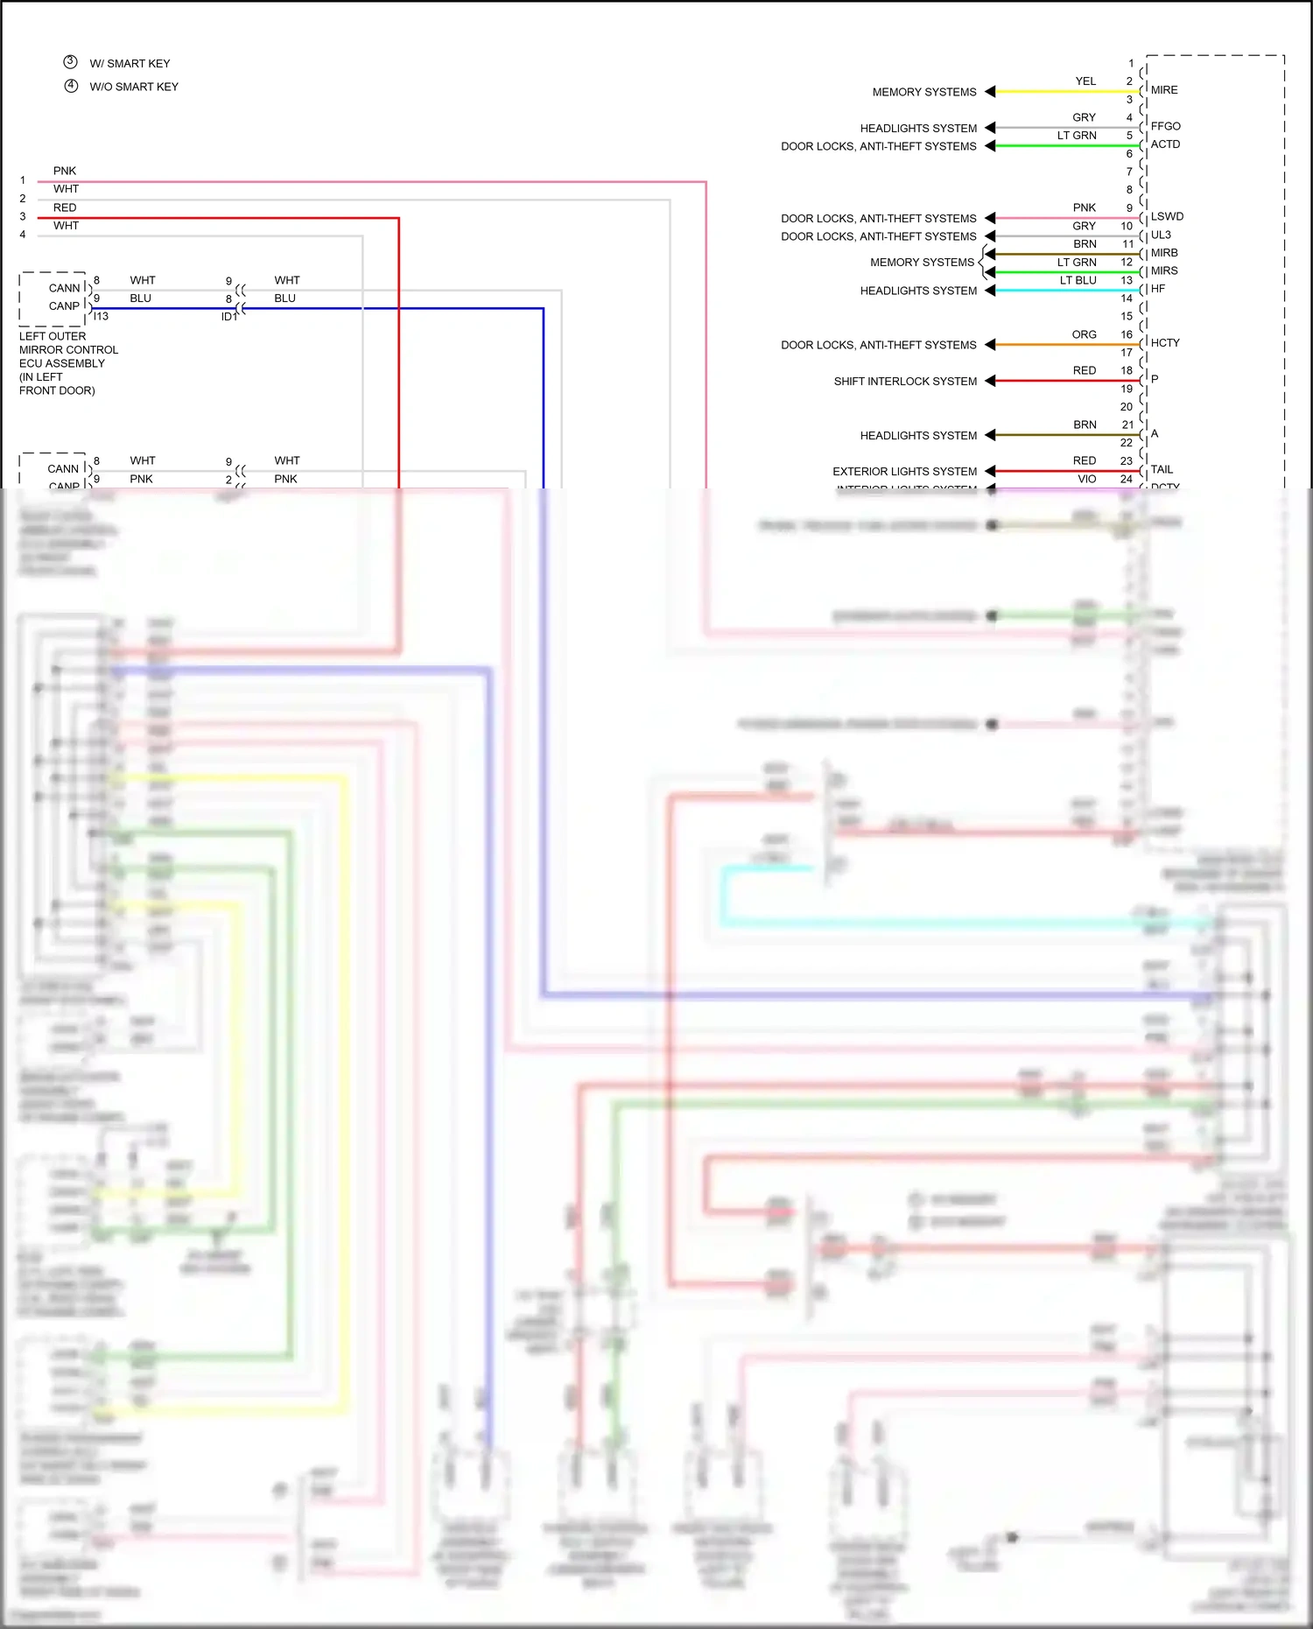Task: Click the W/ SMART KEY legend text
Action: click(x=130, y=64)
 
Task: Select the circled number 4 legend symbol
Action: click(x=71, y=86)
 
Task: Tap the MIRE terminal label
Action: click(x=1164, y=90)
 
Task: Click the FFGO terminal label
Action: click(x=1165, y=126)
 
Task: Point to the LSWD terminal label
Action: click(x=1167, y=216)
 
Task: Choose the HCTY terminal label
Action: click(x=1165, y=343)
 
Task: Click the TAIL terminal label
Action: click(x=1162, y=469)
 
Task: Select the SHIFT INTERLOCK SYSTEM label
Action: click(x=905, y=381)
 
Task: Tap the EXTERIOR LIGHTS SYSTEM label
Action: click(x=904, y=471)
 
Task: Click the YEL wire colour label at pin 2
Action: click(x=1085, y=81)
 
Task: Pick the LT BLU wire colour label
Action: click(x=1078, y=280)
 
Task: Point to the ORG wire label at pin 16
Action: click(x=1084, y=334)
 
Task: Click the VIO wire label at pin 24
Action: click(x=1086, y=479)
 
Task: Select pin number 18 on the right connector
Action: click(x=1126, y=370)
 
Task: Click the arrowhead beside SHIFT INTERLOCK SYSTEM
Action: click(x=990, y=381)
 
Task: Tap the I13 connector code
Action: click(x=101, y=316)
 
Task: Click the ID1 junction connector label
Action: click(x=229, y=317)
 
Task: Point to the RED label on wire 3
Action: click(x=65, y=207)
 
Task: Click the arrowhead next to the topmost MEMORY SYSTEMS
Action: click(x=990, y=91)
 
